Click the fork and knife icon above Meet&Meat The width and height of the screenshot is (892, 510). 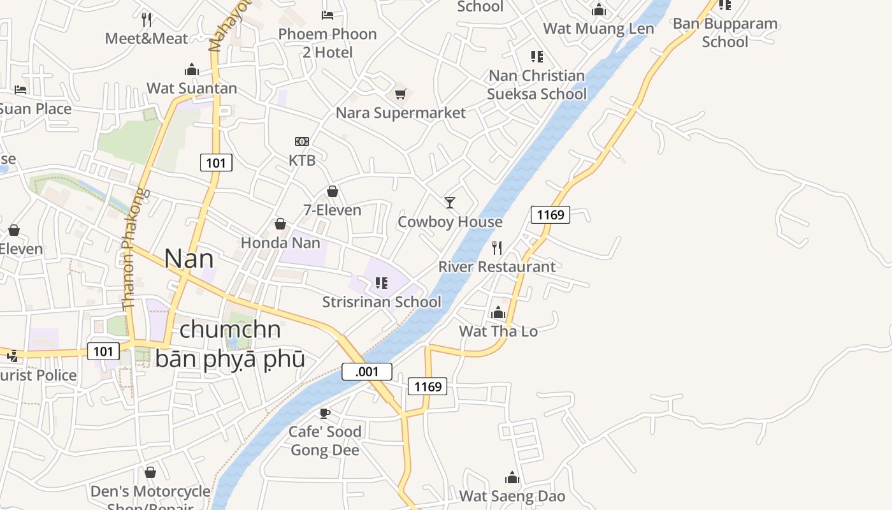click(146, 18)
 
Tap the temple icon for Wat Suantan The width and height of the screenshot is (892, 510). click(192, 69)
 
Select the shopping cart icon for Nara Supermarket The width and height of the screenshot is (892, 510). click(400, 94)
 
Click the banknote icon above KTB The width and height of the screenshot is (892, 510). click(302, 141)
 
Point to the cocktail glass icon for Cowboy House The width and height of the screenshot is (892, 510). click(450, 203)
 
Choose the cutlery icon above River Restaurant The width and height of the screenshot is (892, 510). click(497, 247)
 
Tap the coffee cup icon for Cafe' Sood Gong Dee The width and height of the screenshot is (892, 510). click(325, 413)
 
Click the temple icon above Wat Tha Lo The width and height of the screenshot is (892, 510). click(498, 312)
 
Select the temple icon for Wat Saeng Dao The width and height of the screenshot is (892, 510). click(512, 477)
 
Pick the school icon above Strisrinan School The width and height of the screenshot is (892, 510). click(382, 283)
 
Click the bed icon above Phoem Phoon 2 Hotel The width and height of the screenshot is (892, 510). click(327, 15)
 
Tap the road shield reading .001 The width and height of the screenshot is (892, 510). click(366, 372)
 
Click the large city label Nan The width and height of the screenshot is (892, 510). click(189, 259)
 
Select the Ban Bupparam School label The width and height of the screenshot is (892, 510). click(725, 33)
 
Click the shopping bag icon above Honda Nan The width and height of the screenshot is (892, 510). click(280, 224)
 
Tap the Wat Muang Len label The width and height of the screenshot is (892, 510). click(598, 29)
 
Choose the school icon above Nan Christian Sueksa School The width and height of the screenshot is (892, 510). click(537, 57)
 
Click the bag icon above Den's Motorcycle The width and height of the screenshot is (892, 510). click(150, 472)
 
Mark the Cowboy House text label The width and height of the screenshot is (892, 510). click(450, 222)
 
